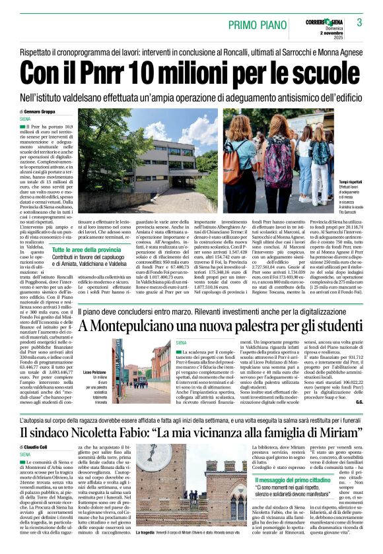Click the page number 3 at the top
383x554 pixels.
click(360, 22)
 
